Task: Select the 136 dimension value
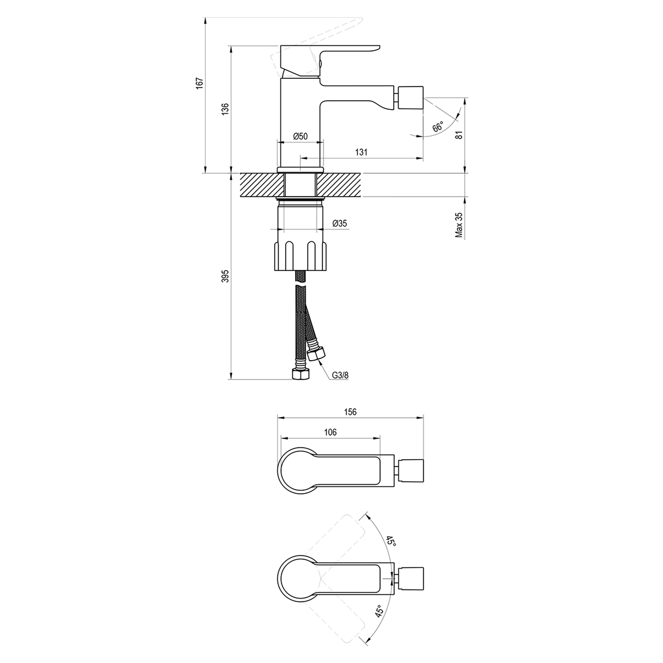[x=225, y=109]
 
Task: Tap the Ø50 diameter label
[x=300, y=136]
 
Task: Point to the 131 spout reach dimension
[x=361, y=152]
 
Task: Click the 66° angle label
[x=438, y=126]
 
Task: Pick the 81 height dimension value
[x=459, y=134]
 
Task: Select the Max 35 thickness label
[x=459, y=225]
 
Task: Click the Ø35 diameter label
[x=340, y=223]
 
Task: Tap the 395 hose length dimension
[x=225, y=276]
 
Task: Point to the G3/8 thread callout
[x=340, y=376]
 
